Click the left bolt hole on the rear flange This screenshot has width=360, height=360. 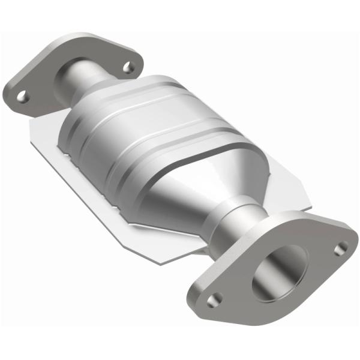[22, 95]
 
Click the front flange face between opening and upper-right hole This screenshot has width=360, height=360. [321, 252]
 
